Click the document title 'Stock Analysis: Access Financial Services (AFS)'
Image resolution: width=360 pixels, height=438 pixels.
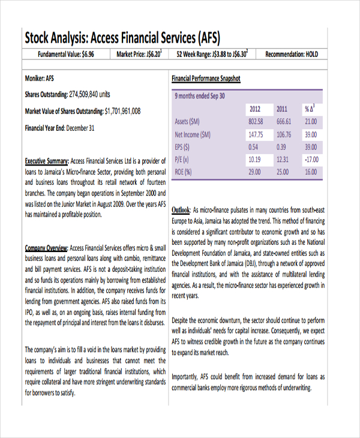[x=122, y=38]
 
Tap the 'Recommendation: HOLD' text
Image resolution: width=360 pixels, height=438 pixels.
[x=292, y=55]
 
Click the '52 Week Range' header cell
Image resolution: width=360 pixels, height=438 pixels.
[x=212, y=55]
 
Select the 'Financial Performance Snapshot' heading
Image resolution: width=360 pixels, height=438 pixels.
[x=206, y=79]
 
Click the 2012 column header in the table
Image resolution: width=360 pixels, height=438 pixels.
[x=254, y=109]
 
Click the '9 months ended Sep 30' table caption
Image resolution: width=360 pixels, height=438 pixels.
[x=200, y=96]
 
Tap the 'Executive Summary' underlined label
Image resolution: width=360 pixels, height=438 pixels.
[x=46, y=161]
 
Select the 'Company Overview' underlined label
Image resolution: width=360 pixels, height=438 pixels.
[x=46, y=248]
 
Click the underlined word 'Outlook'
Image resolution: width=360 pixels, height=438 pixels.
[x=181, y=211]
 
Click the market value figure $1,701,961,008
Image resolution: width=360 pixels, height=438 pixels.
[x=122, y=111]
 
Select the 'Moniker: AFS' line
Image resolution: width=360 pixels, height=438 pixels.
[x=40, y=79]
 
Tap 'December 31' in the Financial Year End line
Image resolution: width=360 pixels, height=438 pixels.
[x=80, y=128]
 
